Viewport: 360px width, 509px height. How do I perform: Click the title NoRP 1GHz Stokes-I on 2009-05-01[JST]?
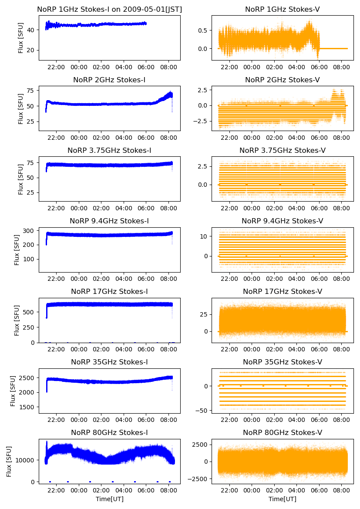click(x=110, y=9)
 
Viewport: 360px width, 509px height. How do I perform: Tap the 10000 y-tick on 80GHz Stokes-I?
click(x=26, y=460)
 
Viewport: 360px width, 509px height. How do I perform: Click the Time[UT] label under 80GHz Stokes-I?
click(x=110, y=499)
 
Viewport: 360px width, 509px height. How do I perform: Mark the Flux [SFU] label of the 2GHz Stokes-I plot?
click(x=20, y=108)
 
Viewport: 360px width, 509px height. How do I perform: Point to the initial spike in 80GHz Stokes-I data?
click(x=47, y=443)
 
